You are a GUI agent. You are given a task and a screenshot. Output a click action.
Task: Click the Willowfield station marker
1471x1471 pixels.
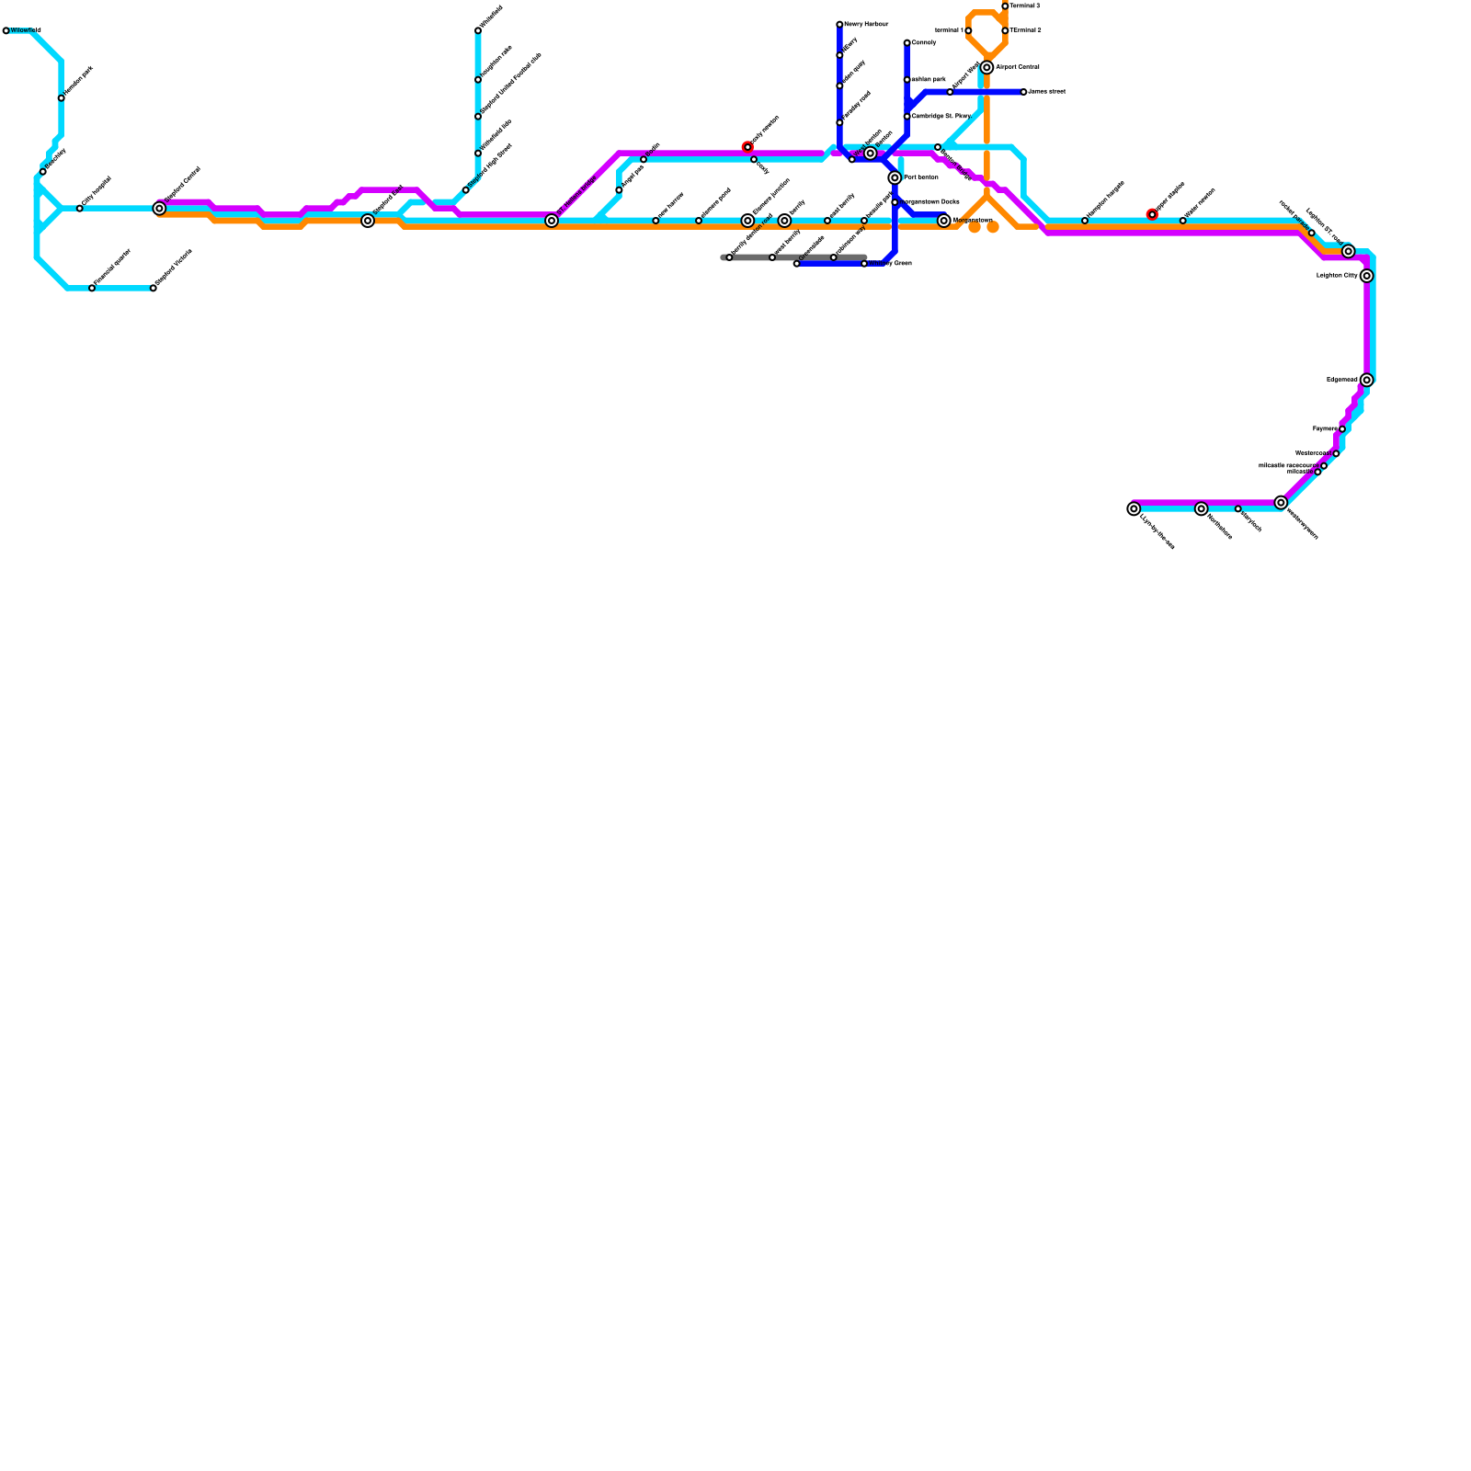coord(6,30)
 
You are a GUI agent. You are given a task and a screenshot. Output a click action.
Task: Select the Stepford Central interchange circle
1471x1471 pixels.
coord(159,209)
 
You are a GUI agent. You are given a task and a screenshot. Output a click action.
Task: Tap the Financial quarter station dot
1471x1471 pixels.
coord(92,288)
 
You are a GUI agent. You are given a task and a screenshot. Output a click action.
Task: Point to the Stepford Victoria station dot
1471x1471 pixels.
coord(154,288)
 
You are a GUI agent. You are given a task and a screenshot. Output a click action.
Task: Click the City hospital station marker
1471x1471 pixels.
coord(80,209)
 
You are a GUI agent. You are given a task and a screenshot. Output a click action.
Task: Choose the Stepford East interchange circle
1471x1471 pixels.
coord(368,221)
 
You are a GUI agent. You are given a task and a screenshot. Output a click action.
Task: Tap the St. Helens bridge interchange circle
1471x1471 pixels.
coord(552,221)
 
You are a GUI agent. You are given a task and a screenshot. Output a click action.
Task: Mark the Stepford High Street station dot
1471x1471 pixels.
coord(466,190)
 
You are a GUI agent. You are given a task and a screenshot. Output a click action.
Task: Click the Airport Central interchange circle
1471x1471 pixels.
coord(986,67)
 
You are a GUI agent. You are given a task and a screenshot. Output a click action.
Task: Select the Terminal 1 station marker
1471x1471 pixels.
coord(968,30)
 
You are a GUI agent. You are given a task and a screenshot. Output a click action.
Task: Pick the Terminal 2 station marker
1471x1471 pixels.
coord(1005,30)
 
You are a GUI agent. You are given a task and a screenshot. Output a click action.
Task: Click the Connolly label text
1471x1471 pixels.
coord(924,43)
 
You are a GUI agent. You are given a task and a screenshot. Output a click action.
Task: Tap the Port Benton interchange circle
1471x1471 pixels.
coord(895,177)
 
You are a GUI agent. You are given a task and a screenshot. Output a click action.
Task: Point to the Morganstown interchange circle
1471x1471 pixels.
coord(944,221)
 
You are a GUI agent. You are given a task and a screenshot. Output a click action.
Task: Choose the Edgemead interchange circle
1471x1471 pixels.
coord(1367,380)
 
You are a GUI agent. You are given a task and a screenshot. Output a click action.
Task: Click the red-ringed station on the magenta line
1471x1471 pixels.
coord(747,147)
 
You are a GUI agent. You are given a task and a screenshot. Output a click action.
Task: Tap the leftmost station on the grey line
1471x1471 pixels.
coord(729,257)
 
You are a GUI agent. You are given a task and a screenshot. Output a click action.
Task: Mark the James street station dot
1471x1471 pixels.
coord(1023,92)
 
